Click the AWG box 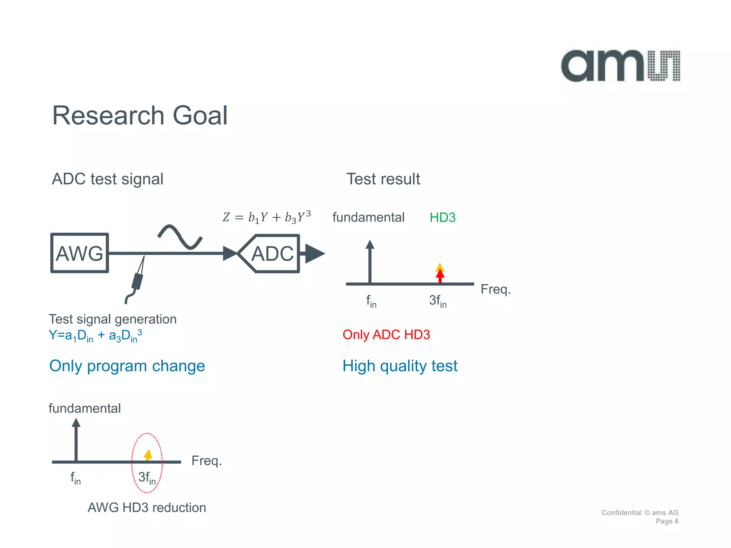(x=79, y=253)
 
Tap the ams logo (x=620, y=66)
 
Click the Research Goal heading (x=140, y=116)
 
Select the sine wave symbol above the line (x=180, y=237)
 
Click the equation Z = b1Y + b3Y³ (x=267, y=217)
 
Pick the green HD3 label (x=442, y=217)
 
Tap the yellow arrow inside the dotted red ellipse (x=148, y=455)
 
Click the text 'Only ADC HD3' (x=386, y=335)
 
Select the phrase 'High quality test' (x=400, y=366)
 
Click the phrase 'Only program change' (x=127, y=366)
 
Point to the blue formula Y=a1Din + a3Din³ (x=95, y=336)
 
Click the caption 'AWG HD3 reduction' (x=147, y=507)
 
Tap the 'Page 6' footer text (x=667, y=521)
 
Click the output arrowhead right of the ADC (x=314, y=254)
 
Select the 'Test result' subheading (x=383, y=179)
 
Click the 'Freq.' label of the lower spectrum (x=206, y=461)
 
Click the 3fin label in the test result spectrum (x=438, y=301)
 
